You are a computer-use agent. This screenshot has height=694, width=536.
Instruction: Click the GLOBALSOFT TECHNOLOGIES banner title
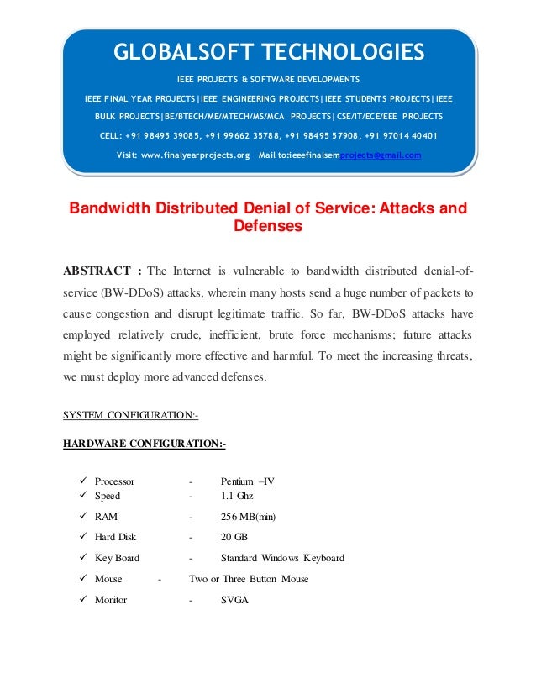[269, 53]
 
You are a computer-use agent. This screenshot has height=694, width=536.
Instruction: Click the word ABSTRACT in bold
[97, 271]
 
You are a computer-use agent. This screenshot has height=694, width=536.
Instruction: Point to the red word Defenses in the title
[268, 225]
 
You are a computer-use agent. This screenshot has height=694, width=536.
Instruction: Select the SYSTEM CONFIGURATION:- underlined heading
[130, 415]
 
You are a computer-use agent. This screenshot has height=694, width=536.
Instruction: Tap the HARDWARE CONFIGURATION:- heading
[145, 443]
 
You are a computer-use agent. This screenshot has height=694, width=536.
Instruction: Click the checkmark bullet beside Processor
[83, 481]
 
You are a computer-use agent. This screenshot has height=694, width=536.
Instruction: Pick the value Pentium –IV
[247, 481]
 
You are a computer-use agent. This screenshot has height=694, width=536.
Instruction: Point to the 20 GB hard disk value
[234, 537]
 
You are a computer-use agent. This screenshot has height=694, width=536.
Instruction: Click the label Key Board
[117, 558]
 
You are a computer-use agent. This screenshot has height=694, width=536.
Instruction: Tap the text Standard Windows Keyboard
[282, 558]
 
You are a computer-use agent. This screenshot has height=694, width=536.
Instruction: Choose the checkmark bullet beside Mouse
[83, 579]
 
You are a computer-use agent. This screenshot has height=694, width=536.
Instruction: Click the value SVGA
[234, 600]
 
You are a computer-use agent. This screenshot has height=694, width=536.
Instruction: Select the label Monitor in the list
[111, 600]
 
